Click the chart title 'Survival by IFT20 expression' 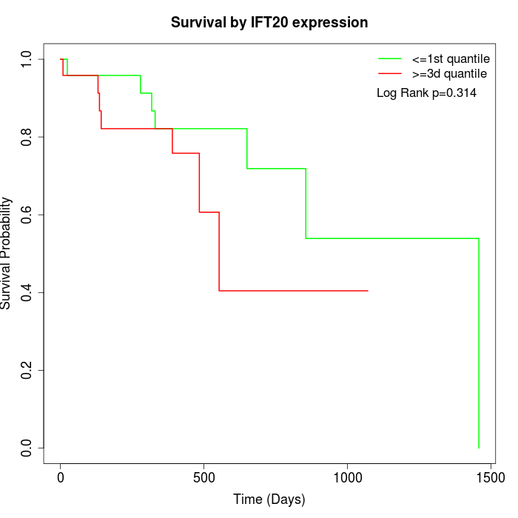(269, 22)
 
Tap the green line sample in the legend (390, 58)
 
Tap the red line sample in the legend (390, 74)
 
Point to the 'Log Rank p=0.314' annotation (426, 93)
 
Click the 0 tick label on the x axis (61, 479)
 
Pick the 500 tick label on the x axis (204, 479)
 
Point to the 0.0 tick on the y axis (27, 448)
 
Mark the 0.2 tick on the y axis (27, 370)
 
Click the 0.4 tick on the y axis (27, 292)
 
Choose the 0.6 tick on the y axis (27, 215)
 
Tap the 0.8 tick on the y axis (27, 137)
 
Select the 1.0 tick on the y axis (27, 59)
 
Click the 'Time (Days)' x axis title (269, 499)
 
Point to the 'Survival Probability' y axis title (7, 253)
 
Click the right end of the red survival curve (368, 291)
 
